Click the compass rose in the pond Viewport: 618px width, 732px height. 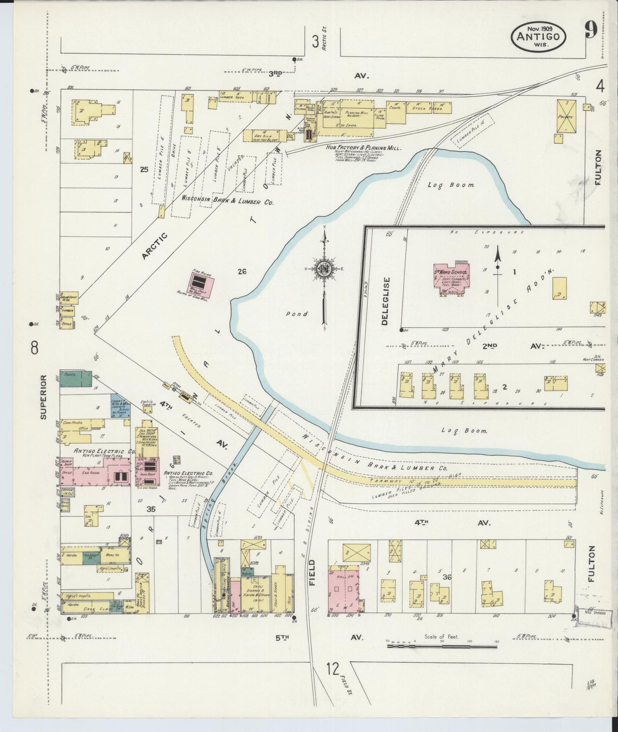pyautogui.click(x=324, y=269)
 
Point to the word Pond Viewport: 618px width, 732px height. pyautogui.click(x=297, y=314)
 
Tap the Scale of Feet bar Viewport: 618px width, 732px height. pyautogui.click(x=442, y=645)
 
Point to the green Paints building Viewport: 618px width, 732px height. pyautogui.click(x=75, y=378)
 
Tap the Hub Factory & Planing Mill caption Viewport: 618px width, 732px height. pyautogui.click(x=363, y=148)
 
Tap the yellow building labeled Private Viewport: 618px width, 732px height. pyautogui.click(x=566, y=116)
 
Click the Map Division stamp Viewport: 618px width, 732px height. pyautogui.click(x=592, y=613)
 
